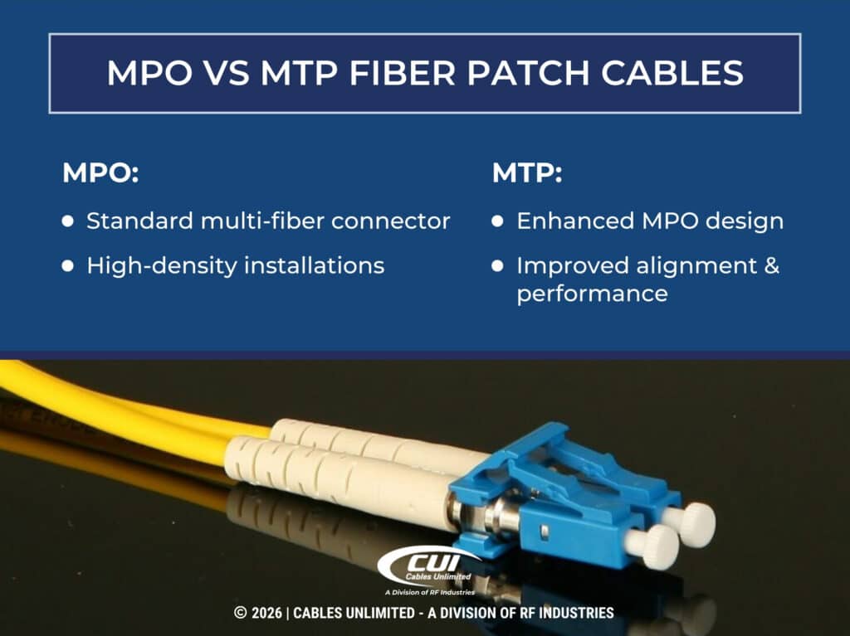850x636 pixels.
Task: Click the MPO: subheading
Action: (x=100, y=174)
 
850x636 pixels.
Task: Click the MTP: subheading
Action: (x=528, y=174)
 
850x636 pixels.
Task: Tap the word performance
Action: (x=592, y=294)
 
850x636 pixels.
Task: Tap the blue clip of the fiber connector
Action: (x=564, y=489)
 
